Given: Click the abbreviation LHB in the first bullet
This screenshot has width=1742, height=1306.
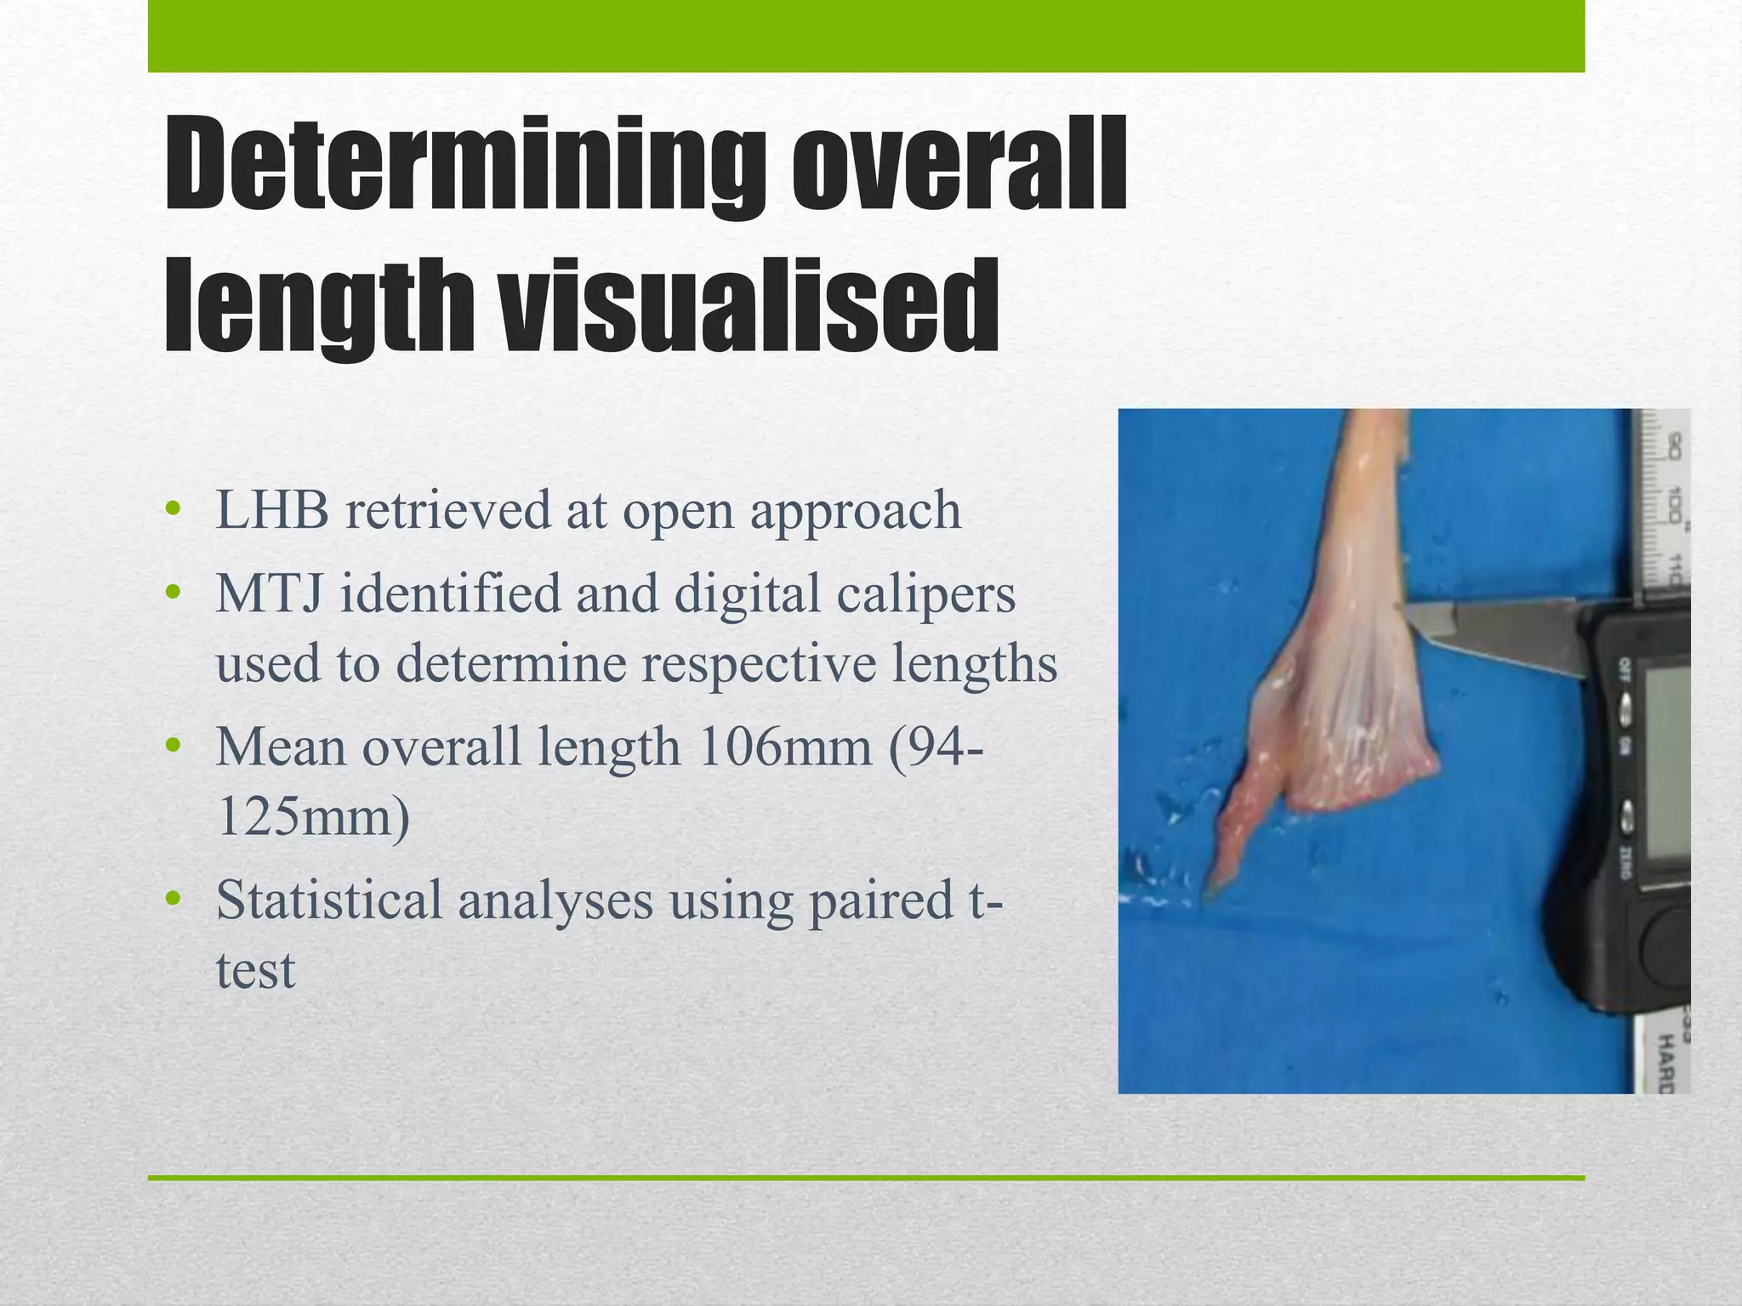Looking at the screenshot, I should click(272, 511).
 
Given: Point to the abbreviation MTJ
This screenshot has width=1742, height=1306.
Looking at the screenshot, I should click(269, 593).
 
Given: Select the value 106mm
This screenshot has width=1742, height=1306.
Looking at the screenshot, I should click(783, 747).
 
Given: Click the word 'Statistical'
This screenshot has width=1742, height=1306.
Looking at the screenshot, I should click(328, 900).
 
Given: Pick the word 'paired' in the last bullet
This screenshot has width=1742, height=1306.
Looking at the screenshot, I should click(880, 900).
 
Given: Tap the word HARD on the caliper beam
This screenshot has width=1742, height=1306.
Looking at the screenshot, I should click(1666, 1063).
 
